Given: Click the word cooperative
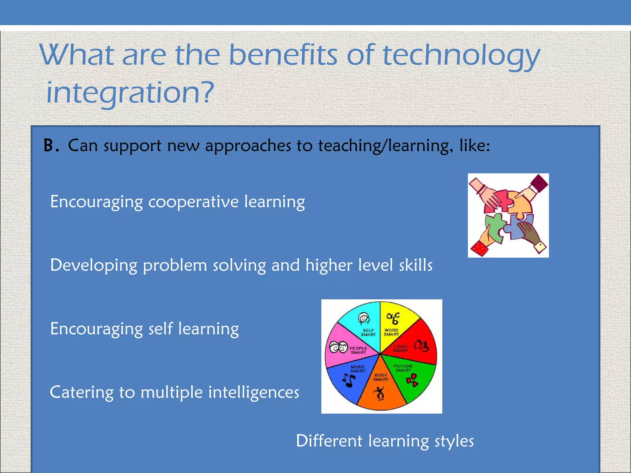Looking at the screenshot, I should pyautogui.click(x=193, y=202).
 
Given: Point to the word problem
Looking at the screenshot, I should pyautogui.click(x=175, y=266).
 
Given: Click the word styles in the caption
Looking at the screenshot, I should pyautogui.click(x=454, y=441).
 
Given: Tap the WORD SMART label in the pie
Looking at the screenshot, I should pyautogui.click(x=391, y=332).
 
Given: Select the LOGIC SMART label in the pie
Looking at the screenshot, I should pyautogui.click(x=401, y=349).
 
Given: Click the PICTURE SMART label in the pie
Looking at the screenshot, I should pyautogui.click(x=403, y=368).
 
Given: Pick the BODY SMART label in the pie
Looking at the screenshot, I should pyautogui.click(x=381, y=377).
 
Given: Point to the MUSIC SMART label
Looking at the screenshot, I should pyautogui.click(x=358, y=369).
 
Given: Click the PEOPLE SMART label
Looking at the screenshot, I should pyautogui.click(x=358, y=350).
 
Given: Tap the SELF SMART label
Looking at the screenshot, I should pyautogui.click(x=368, y=333).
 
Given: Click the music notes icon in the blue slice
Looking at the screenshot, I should pyautogui.click(x=348, y=381).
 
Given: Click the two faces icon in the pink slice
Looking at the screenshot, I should pyautogui.click(x=338, y=347).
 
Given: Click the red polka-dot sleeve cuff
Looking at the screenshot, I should pyautogui.click(x=478, y=248).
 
